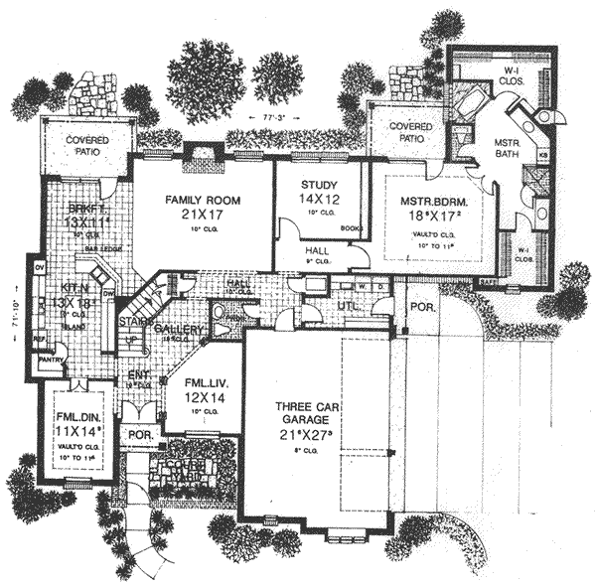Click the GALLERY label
(179, 330)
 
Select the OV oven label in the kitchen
(40, 267)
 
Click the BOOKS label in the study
(349, 228)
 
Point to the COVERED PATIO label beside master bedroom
(408, 133)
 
